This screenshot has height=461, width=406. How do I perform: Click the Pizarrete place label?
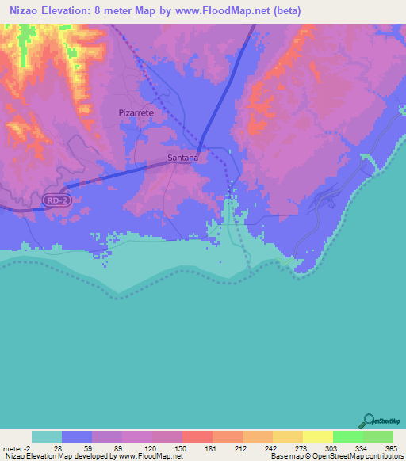(x=136, y=113)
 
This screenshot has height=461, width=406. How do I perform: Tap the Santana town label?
(x=183, y=158)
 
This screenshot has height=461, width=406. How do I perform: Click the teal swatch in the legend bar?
(x=47, y=436)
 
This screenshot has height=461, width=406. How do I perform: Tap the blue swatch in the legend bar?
(x=77, y=436)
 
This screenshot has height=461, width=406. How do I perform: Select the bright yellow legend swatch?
(x=317, y=436)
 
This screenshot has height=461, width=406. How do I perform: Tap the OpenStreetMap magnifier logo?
(x=367, y=421)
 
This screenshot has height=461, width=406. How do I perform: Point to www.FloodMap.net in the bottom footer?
(x=150, y=456)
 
